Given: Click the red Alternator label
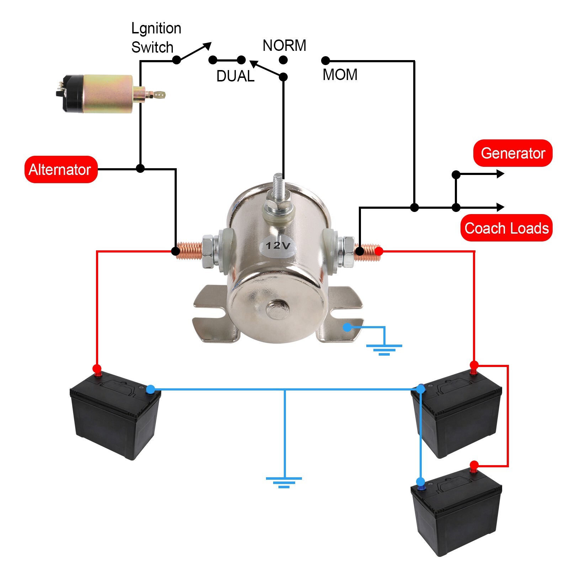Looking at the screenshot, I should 61,170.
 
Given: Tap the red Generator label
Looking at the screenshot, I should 512,153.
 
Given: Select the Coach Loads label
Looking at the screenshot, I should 506,228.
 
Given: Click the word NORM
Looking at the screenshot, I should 284,46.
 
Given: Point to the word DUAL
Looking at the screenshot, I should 235,76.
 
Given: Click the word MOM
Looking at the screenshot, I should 340,75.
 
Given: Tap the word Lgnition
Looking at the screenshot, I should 156,28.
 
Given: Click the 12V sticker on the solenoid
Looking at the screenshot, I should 278,245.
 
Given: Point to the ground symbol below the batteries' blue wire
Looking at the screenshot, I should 284,481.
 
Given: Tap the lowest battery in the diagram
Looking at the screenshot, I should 456,512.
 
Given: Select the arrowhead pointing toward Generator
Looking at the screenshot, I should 500,174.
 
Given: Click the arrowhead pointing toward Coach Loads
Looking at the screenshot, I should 500,207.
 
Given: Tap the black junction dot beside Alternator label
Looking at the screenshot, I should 140,168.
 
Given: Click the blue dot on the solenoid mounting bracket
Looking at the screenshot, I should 347,327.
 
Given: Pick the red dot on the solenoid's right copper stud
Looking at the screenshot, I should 379,251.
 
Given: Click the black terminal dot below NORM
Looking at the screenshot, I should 283,76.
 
